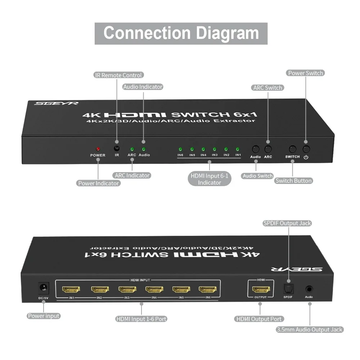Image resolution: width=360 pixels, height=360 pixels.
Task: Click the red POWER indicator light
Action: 98,149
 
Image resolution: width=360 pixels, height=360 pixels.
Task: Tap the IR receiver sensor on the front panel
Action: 117,148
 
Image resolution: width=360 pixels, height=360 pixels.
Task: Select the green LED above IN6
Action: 180,149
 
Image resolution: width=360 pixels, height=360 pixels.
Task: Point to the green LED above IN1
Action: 238,149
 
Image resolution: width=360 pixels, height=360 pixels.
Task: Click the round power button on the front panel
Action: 306,149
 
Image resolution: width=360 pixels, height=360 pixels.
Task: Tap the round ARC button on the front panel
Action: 268,149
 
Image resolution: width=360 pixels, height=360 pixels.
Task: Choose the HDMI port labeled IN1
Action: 71,289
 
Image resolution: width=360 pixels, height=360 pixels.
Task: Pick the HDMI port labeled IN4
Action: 154,289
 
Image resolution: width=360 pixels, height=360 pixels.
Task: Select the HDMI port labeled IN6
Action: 208,289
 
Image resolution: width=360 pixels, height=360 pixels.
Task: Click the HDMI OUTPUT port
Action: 261,289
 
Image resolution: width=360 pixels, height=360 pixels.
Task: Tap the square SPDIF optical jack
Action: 288,289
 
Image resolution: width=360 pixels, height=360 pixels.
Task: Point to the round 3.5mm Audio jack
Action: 309,289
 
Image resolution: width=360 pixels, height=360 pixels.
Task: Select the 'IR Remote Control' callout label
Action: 118,75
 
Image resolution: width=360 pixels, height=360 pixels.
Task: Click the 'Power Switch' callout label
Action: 305,73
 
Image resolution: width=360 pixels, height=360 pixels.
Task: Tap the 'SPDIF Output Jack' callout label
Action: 287,223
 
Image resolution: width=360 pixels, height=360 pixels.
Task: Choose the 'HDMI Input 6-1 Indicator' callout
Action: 210,179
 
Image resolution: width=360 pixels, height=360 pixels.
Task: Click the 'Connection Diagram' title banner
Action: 181,33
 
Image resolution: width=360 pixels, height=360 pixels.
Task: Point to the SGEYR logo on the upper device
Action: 57,103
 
